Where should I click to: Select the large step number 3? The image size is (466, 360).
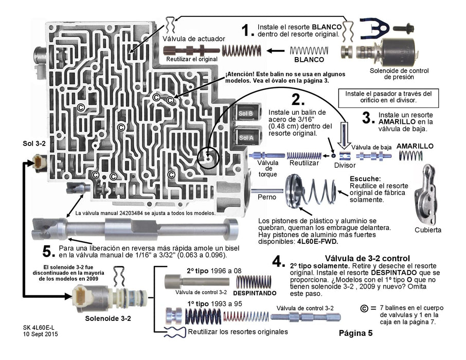click(x=367, y=117)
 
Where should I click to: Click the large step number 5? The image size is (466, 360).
click(x=48, y=252)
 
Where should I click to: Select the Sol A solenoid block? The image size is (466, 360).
click(x=245, y=137)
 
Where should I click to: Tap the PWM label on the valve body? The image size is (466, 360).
click(x=40, y=57)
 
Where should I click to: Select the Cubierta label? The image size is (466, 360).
click(x=428, y=230)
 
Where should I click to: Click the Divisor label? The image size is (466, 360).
click(x=344, y=166)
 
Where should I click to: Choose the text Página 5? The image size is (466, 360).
click(x=356, y=333)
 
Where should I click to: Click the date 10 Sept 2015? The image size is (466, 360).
click(x=41, y=334)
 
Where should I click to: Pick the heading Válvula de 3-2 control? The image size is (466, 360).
click(x=367, y=258)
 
